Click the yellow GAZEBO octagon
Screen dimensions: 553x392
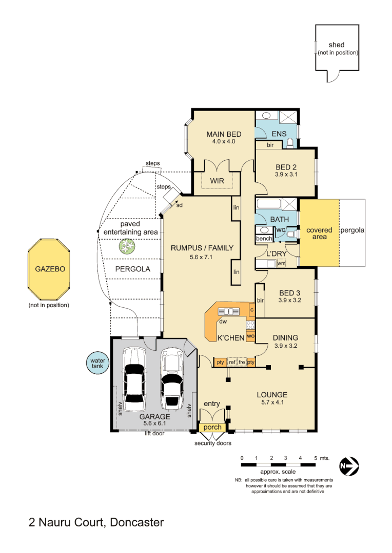49,269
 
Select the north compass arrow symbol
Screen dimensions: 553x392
349,466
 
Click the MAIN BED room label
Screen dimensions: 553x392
223,134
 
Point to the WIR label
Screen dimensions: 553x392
217,181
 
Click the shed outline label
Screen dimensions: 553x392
337,46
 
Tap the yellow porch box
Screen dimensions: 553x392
212,427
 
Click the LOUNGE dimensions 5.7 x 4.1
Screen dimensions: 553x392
272,402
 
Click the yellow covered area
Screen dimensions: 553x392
319,233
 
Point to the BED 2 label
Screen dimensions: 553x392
286,167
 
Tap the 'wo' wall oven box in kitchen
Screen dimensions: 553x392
250,336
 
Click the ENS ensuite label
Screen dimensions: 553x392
278,134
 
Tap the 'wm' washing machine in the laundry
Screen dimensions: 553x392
281,263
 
